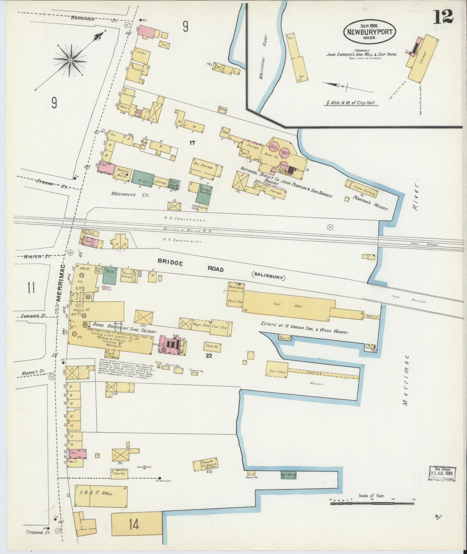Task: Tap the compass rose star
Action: (70, 59)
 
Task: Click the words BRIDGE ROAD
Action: (191, 266)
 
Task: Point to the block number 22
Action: (209, 356)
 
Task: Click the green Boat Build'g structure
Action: (289, 475)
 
